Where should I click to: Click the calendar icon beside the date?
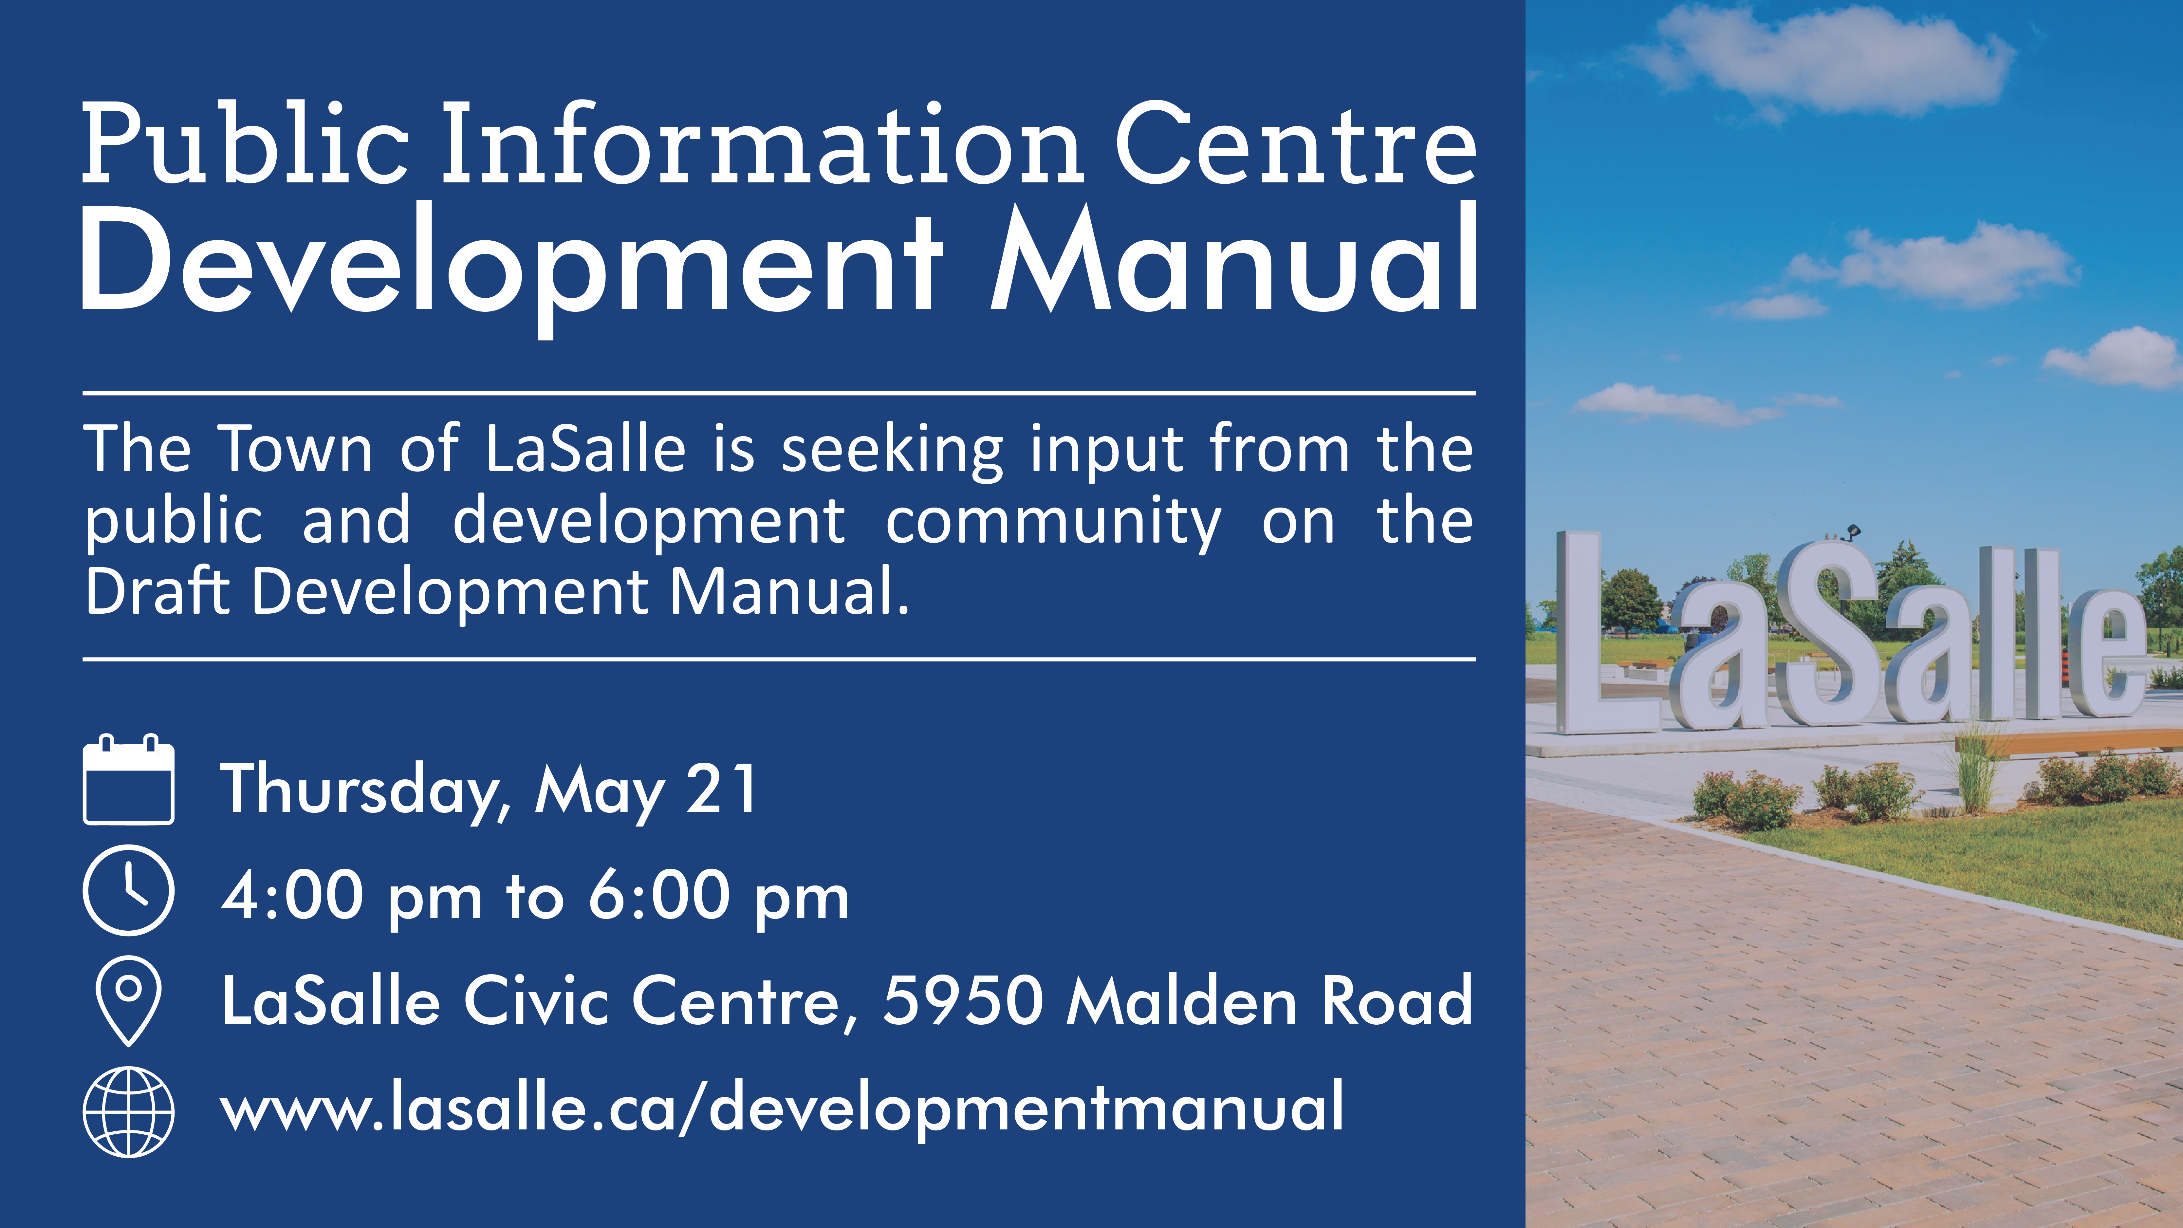click(x=129, y=780)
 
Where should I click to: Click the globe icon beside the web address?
click(x=129, y=1111)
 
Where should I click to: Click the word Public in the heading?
click(x=246, y=144)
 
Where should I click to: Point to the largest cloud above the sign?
click(x=1830, y=59)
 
